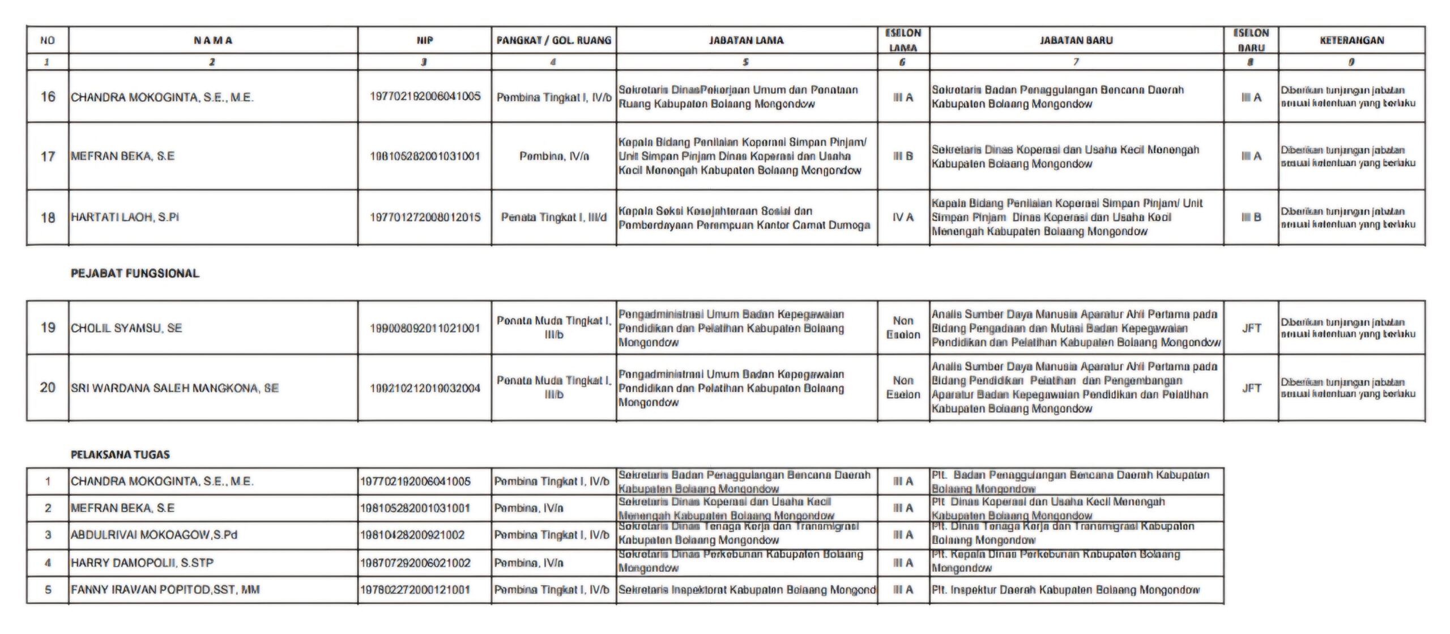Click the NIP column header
(424, 40)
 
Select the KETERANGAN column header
(1351, 40)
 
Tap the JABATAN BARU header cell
(1076, 40)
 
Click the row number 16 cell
(48, 97)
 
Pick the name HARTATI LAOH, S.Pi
(125, 217)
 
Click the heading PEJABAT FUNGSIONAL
(135, 274)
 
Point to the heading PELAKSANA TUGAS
(120, 454)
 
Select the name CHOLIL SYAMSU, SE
(126, 328)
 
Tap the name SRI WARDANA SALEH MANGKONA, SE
(174, 388)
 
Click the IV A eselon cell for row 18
(903, 217)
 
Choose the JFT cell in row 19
(1251, 328)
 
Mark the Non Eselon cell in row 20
(903, 388)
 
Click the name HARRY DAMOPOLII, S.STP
(142, 563)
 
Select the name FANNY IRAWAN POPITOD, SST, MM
(165, 590)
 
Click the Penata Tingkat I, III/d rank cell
(553, 217)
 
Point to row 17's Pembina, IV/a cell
(553, 156)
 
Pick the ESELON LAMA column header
(903, 40)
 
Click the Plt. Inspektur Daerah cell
(1065, 590)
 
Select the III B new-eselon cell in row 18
(1251, 217)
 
